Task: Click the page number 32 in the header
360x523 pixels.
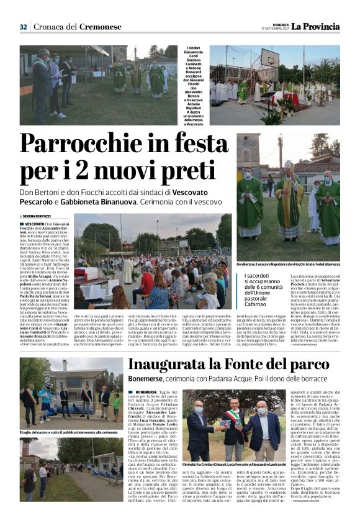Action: point(23,27)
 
